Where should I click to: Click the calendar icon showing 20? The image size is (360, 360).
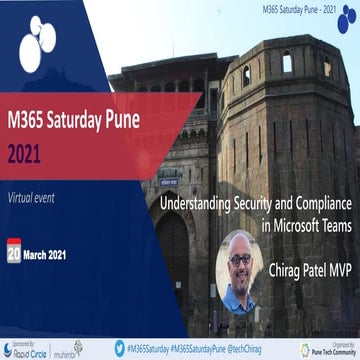point(13,252)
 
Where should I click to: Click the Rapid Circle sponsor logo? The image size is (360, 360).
point(30,349)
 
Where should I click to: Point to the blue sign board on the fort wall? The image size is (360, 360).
point(170,182)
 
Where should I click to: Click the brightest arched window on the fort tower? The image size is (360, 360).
point(287,62)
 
